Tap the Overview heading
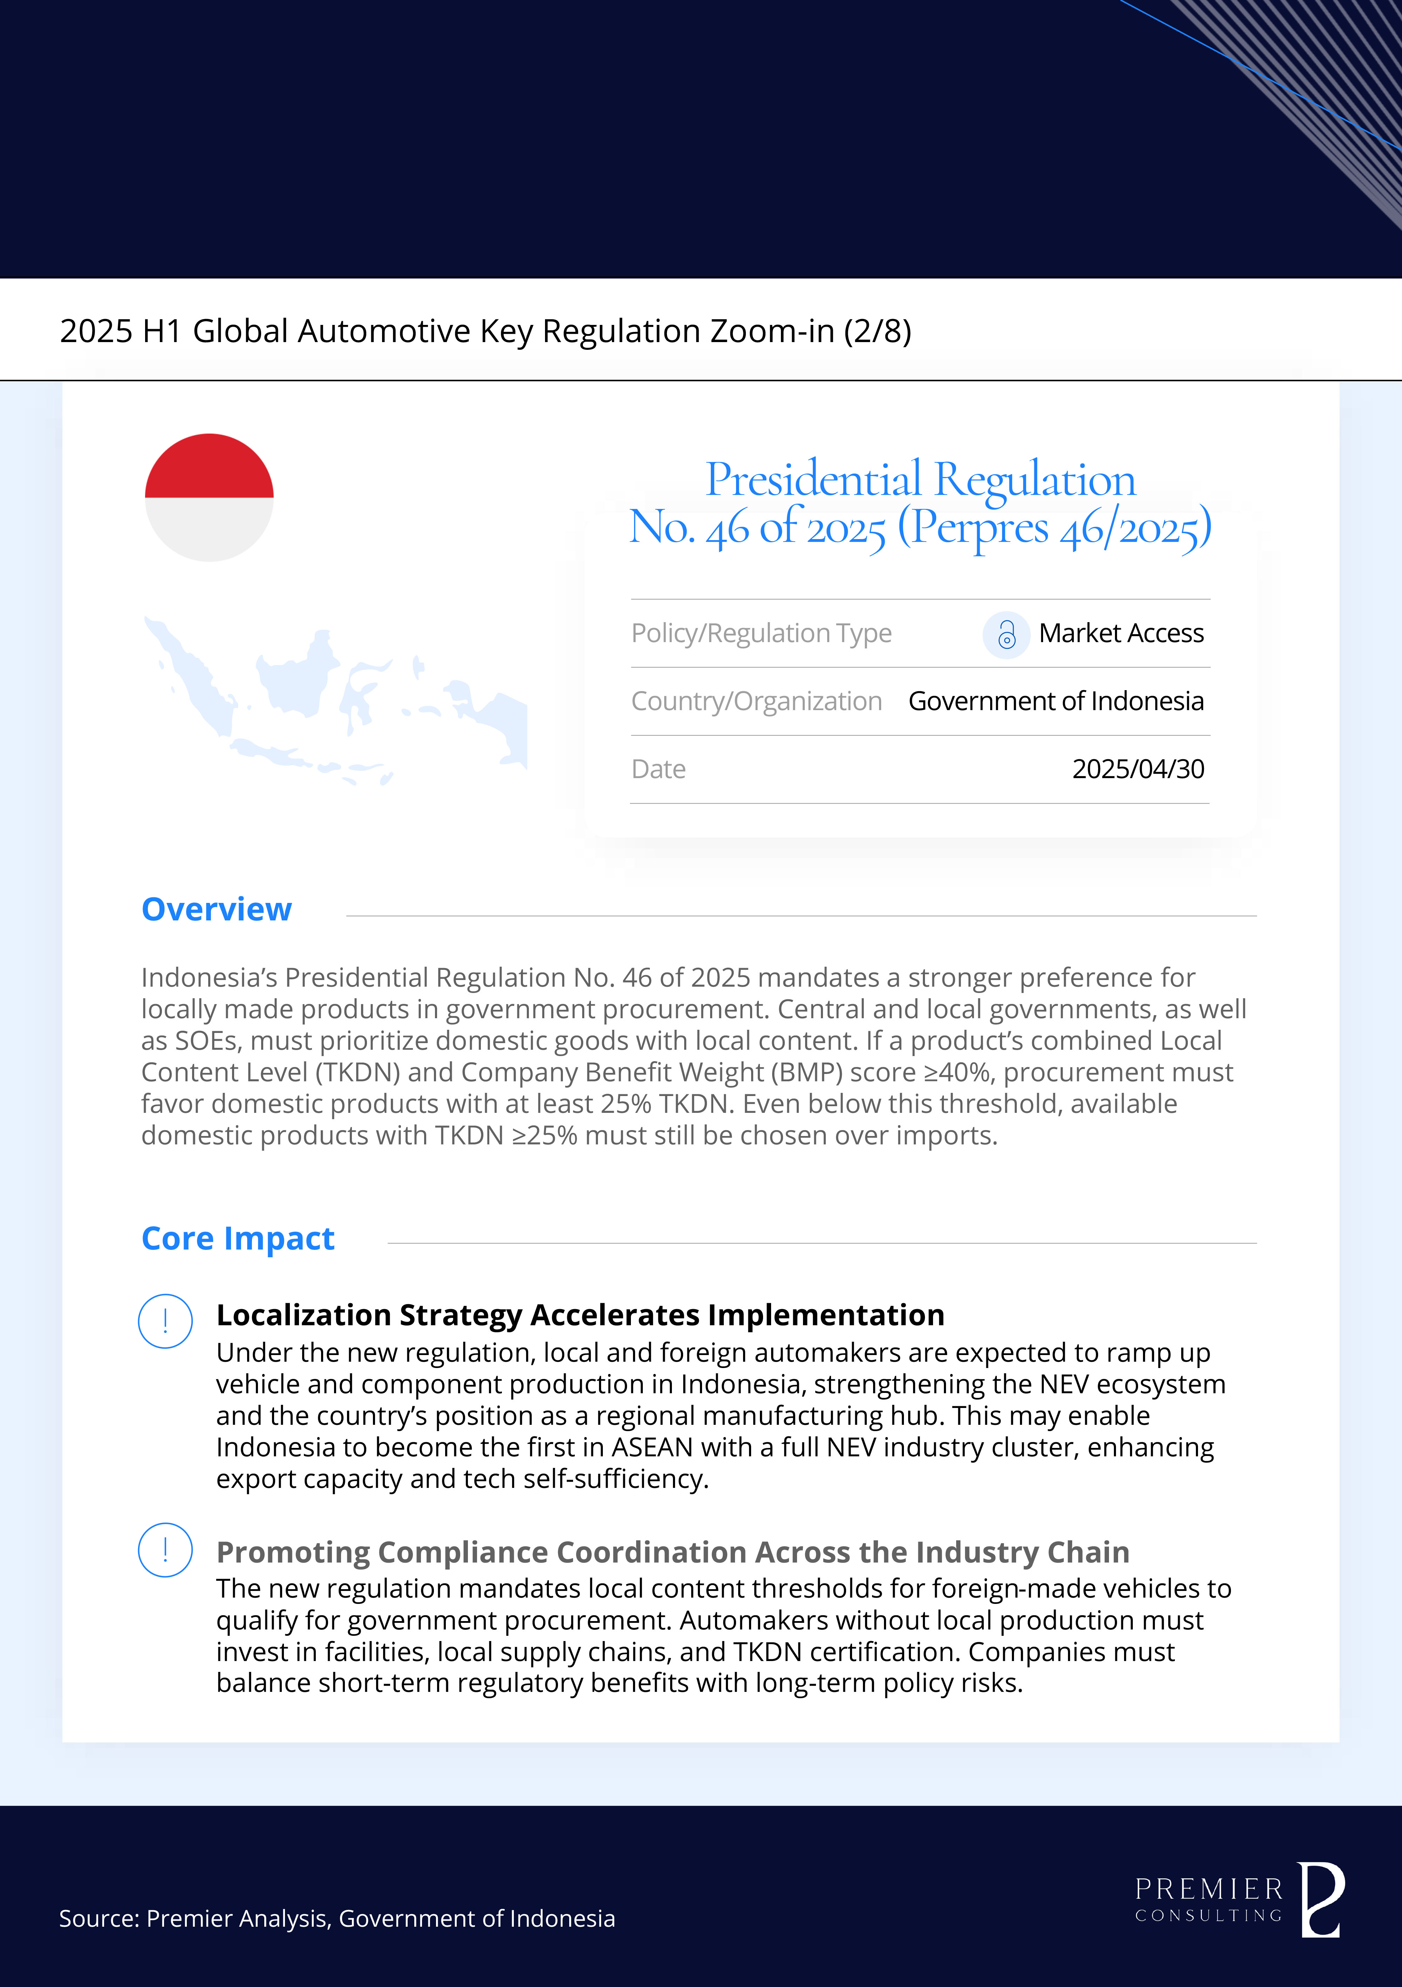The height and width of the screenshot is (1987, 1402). coord(216,910)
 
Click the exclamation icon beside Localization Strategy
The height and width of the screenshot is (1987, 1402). coord(165,1321)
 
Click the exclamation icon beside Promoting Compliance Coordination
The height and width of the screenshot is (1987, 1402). coord(165,1550)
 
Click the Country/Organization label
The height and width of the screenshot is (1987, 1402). coord(756,701)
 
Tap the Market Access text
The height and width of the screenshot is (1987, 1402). coord(1121,633)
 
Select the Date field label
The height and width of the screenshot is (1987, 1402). coord(659,769)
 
